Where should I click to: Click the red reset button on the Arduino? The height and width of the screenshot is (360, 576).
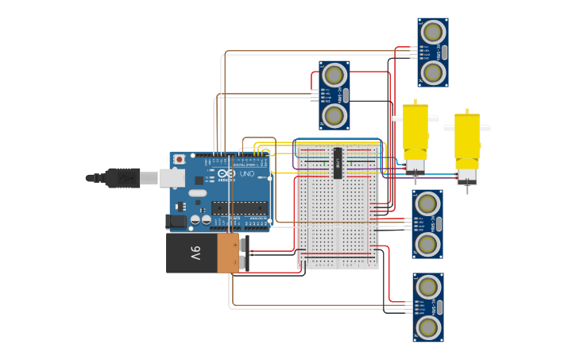pyautogui.click(x=180, y=159)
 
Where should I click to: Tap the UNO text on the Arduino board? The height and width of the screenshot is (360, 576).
pyautogui.click(x=247, y=174)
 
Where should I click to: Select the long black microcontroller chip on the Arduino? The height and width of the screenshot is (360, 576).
pyautogui.click(x=238, y=208)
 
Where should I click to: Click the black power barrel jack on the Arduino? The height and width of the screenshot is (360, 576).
pyautogui.click(x=176, y=221)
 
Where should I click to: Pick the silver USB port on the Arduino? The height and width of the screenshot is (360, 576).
pyautogui.click(x=172, y=177)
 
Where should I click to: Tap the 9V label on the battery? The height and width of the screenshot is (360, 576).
pyautogui.click(x=195, y=254)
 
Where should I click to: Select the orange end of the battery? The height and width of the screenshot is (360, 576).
pyautogui.click(x=227, y=254)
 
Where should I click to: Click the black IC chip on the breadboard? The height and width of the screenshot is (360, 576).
pyautogui.click(x=338, y=163)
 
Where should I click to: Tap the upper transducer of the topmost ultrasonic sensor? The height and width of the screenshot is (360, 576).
pyautogui.click(x=433, y=32)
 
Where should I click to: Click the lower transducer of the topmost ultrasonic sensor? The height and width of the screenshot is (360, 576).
pyautogui.click(x=433, y=73)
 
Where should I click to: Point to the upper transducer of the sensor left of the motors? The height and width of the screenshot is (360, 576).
pyautogui.click(x=334, y=75)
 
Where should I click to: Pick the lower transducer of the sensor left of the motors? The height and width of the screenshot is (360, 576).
pyautogui.click(x=334, y=116)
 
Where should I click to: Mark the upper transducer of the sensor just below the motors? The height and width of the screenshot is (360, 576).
pyautogui.click(x=427, y=203)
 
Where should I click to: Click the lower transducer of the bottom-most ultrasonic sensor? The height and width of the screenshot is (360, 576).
pyautogui.click(x=428, y=327)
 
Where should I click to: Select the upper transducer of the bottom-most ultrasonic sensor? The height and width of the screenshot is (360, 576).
pyautogui.click(x=428, y=286)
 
